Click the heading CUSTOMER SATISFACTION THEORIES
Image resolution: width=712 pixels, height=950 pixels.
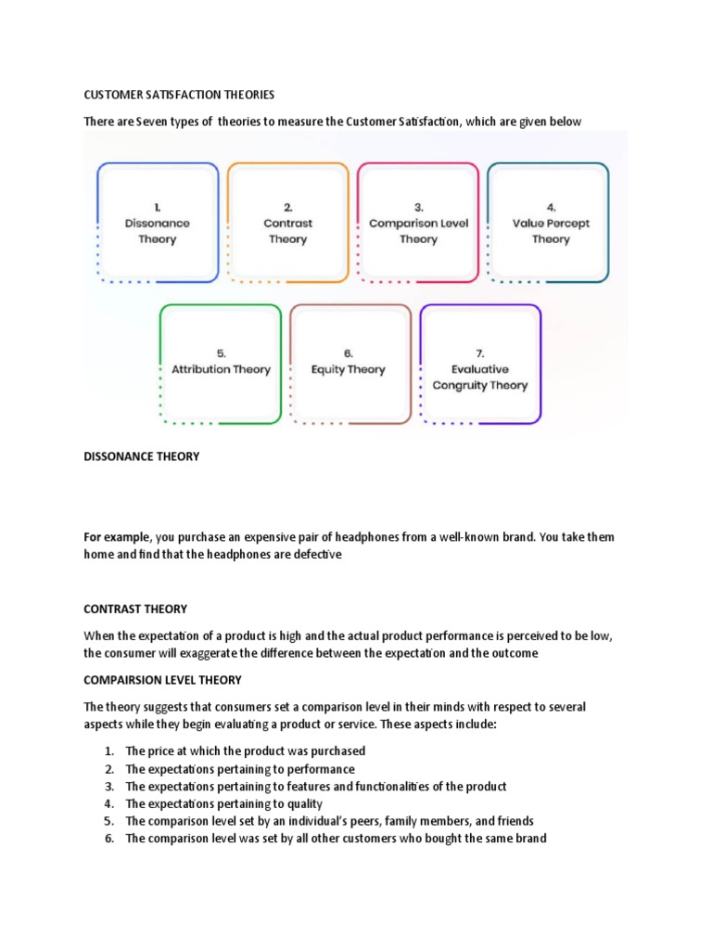tap(180, 95)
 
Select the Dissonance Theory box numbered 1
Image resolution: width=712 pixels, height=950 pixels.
tap(158, 224)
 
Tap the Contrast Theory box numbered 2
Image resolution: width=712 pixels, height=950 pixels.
tap(287, 224)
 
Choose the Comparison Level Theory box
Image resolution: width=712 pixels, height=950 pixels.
tap(418, 224)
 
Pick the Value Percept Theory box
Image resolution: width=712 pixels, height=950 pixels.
tap(550, 224)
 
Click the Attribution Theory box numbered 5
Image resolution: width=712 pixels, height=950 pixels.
tap(221, 363)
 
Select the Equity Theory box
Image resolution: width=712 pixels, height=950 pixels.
tap(350, 363)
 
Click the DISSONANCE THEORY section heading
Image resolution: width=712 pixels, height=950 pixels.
tap(141, 456)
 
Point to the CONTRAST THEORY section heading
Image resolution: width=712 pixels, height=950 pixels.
tap(135, 610)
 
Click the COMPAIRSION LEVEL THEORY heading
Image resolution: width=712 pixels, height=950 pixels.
tap(162, 680)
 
